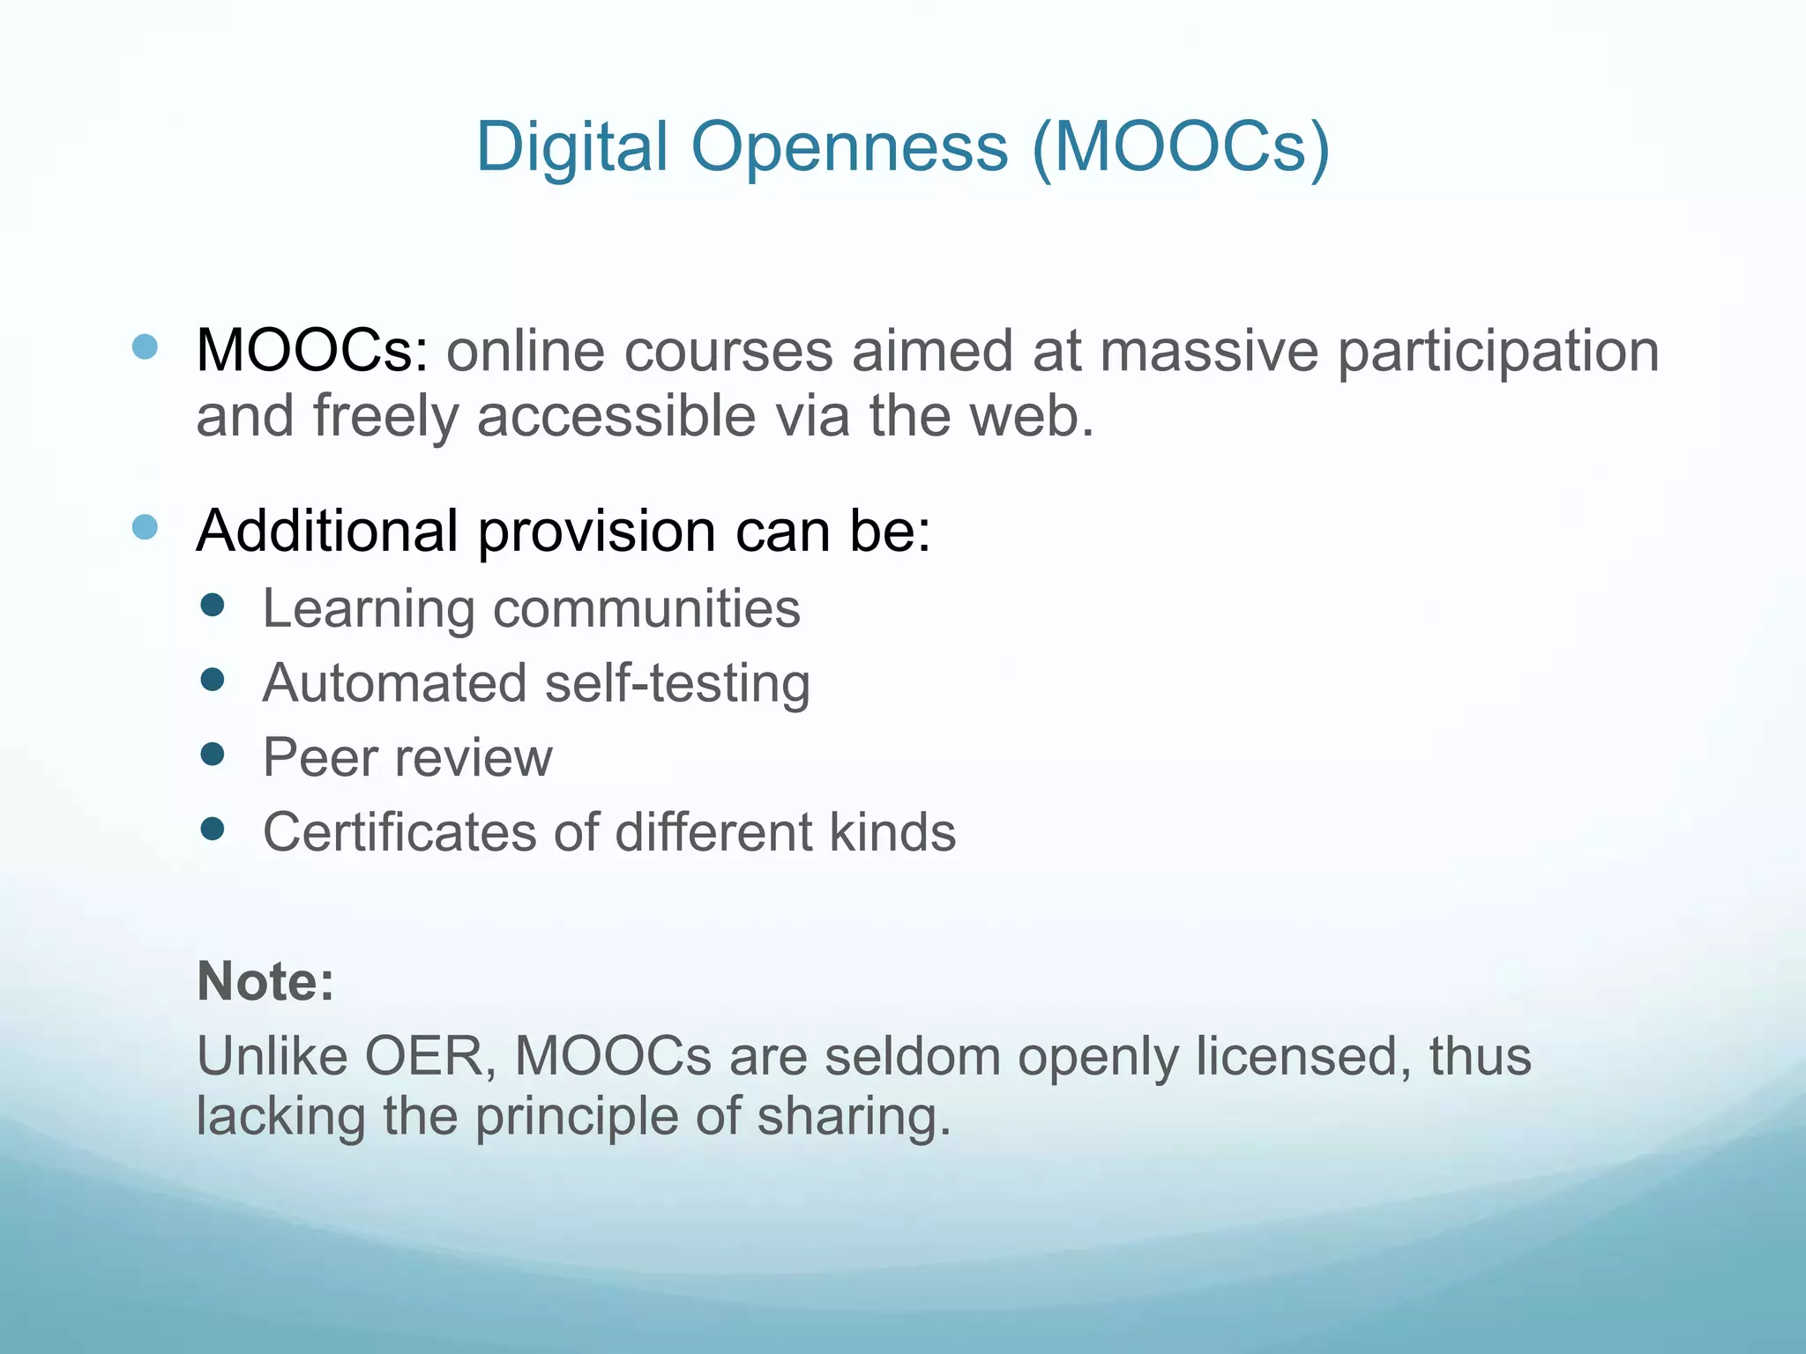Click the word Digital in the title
coord(571,146)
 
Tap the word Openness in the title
coord(849,146)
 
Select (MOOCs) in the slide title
coord(1180,146)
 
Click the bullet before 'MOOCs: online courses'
coord(145,346)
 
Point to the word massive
coord(1209,351)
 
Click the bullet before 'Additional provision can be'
coord(145,527)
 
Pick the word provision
coord(597,532)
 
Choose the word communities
coord(646,609)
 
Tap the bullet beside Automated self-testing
coord(213,679)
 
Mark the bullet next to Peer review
coord(213,754)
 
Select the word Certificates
coord(399,832)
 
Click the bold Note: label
coord(265,981)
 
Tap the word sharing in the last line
coord(854,1118)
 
